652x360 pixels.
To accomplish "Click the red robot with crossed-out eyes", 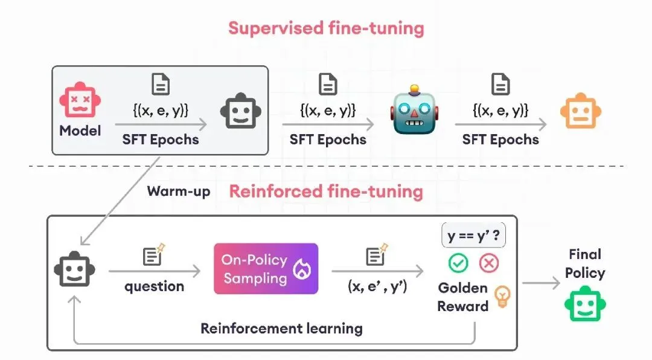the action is click(x=80, y=100).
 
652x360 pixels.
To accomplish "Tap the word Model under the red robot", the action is click(x=80, y=130).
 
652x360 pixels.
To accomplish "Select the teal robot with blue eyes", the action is click(x=414, y=110).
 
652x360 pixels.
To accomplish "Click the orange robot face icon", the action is click(x=581, y=111).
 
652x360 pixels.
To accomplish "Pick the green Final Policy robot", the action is click(x=585, y=304).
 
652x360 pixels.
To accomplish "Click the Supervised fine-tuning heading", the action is click(x=327, y=28).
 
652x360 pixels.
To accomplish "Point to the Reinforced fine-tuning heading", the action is click(x=327, y=191).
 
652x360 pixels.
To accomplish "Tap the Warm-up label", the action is click(x=179, y=191).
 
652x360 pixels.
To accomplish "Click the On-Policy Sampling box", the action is click(x=266, y=269).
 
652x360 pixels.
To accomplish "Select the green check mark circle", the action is click(x=458, y=263).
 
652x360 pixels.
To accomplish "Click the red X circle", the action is click(x=489, y=263).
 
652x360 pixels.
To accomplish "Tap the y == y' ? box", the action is click(x=474, y=236).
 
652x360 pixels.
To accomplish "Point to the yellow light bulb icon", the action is click(x=502, y=297).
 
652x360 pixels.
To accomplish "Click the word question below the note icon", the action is click(x=155, y=287).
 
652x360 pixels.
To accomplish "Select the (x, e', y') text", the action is click(x=377, y=286).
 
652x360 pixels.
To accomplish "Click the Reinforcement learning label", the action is click(x=281, y=329).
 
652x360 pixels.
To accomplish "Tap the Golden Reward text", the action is click(x=463, y=297).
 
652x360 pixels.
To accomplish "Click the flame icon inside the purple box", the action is click(x=302, y=269).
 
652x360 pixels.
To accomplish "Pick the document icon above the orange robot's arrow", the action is click(x=500, y=85).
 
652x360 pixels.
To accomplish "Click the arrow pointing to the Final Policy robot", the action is click(x=541, y=283).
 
